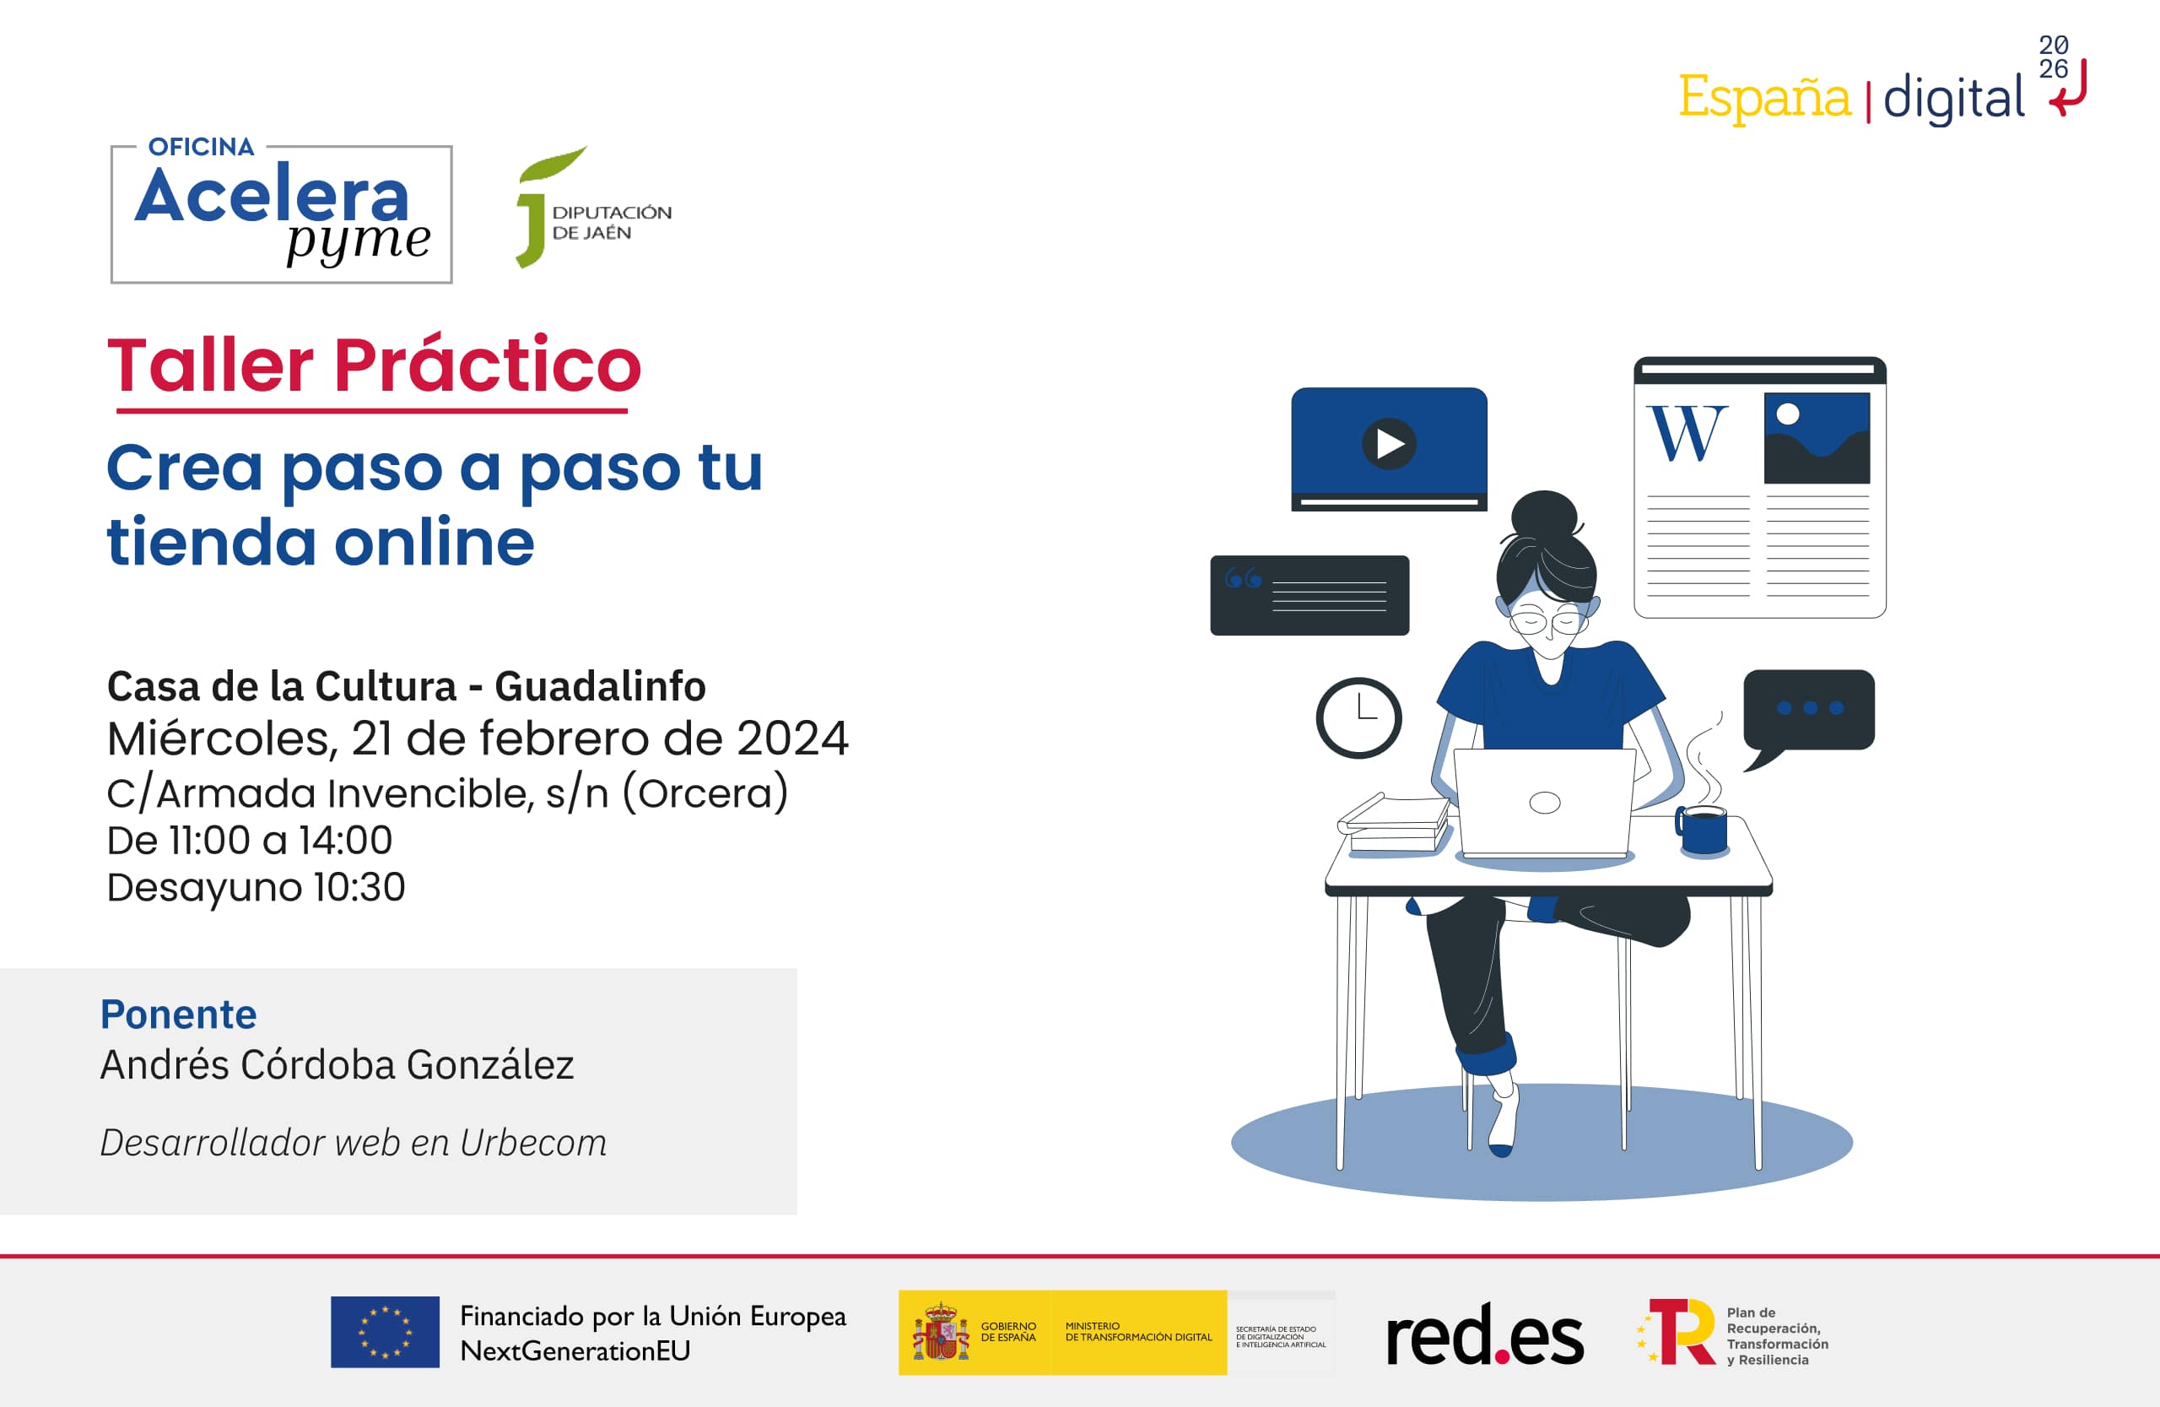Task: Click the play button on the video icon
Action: [1389, 443]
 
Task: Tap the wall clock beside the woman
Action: [1358, 717]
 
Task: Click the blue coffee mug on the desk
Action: [1702, 830]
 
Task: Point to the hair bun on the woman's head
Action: [1545, 515]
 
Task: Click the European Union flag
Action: [385, 1332]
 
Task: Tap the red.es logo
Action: [1485, 1334]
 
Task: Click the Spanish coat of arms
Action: [940, 1332]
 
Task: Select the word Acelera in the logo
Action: [273, 194]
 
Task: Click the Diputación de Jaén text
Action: [612, 222]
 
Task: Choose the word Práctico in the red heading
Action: [488, 364]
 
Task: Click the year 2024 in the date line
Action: [792, 738]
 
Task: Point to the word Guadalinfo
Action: [600, 686]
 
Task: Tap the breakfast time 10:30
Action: [359, 887]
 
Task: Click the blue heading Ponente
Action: [179, 1014]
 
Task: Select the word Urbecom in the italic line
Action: [532, 1143]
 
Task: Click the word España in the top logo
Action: [1764, 97]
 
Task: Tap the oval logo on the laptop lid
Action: [1545, 803]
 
